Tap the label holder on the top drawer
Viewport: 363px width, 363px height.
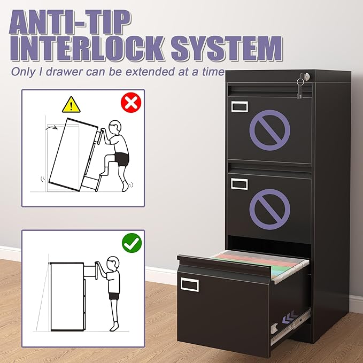[x=240, y=105]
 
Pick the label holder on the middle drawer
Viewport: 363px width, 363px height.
[x=240, y=183]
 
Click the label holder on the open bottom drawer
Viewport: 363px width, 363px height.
[x=190, y=285]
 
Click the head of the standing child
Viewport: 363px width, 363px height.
[x=112, y=264]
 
